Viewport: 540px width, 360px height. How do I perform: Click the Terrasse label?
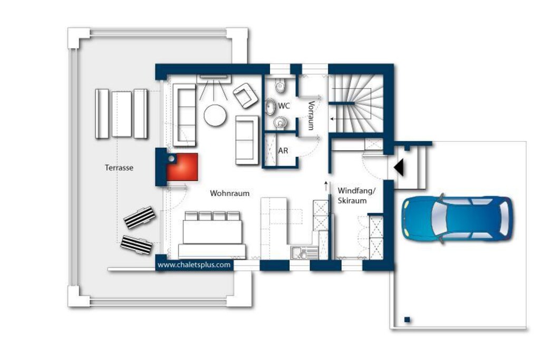(119, 168)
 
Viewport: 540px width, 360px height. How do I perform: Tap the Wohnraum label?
(230, 193)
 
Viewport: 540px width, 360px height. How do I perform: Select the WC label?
(284, 105)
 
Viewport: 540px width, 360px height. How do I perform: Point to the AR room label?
(283, 150)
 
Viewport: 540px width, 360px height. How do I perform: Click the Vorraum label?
(311, 115)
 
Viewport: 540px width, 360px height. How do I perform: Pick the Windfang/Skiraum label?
(356, 196)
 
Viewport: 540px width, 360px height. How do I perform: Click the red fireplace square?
(182, 167)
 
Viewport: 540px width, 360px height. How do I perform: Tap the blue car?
(457, 218)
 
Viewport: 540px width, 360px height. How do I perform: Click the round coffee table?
(215, 115)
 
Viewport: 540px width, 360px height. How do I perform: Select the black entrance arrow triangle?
(400, 168)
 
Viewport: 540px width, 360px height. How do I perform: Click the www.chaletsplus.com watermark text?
(194, 265)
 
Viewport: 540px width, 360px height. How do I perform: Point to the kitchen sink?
(299, 253)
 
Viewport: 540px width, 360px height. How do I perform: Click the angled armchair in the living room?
(246, 95)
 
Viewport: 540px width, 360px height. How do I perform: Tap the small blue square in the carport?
(407, 320)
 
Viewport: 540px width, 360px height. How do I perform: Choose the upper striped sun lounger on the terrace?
(139, 218)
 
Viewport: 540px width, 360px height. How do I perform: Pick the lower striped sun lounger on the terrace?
(137, 245)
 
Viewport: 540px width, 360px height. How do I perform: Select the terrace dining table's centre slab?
(122, 114)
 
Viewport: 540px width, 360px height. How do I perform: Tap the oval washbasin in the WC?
(271, 106)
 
